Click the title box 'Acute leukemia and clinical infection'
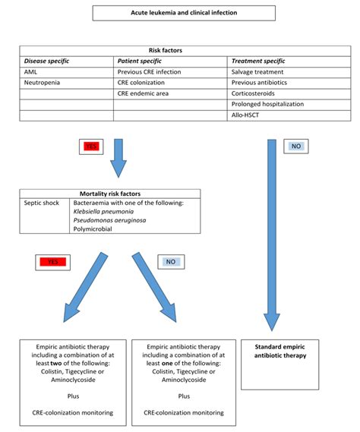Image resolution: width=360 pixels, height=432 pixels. [184, 13]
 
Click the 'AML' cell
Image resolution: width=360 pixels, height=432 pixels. [31, 71]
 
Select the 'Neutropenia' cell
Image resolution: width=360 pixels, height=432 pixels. [43, 82]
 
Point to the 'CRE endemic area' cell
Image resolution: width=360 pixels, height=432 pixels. [144, 93]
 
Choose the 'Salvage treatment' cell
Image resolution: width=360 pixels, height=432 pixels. [257, 71]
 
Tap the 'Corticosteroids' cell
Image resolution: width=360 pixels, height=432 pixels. [254, 93]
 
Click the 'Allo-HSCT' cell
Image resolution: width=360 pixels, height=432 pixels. [246, 115]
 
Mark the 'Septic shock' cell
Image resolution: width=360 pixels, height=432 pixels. [42, 203]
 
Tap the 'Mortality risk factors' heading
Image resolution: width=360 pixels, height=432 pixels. [111, 194]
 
